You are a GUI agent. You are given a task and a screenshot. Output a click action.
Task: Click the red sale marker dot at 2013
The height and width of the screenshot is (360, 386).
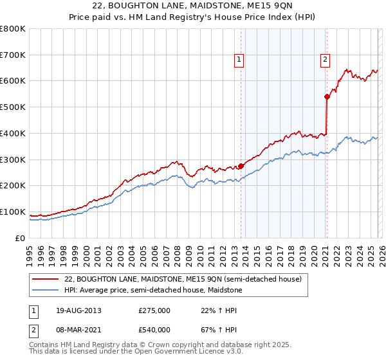(x=241, y=166)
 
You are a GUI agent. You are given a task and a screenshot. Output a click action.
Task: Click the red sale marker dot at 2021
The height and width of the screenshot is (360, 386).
(x=327, y=96)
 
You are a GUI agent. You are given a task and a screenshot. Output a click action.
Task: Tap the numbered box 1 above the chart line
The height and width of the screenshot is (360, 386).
(x=239, y=60)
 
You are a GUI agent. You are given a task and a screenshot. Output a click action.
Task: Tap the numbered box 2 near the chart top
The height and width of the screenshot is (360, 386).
(x=325, y=60)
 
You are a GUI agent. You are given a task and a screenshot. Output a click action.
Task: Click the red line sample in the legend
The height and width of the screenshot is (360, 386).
(x=45, y=278)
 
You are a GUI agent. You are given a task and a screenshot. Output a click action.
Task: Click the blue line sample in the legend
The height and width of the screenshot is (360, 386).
(x=45, y=290)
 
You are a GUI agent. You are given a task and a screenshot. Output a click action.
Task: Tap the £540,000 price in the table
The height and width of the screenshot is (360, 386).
(x=154, y=329)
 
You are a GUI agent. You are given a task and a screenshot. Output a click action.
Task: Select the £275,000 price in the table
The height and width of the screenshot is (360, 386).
(x=154, y=310)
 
